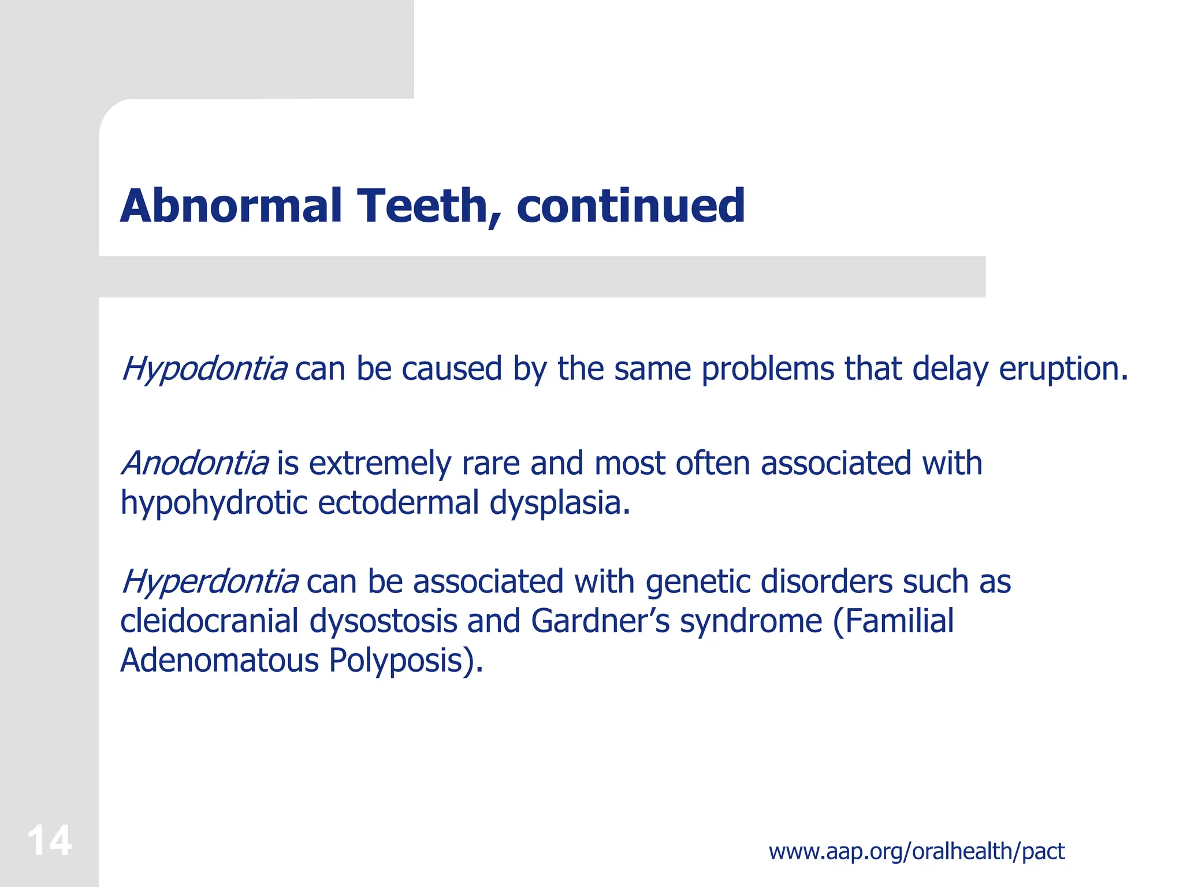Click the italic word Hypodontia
pyautogui.click(x=204, y=369)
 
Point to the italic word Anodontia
pyautogui.click(x=195, y=464)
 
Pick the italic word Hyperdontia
pyautogui.click(x=209, y=582)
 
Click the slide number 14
pyautogui.click(x=49, y=841)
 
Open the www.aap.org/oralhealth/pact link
pyautogui.click(x=916, y=851)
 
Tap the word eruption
pyautogui.click(x=1063, y=369)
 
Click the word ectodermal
pyautogui.click(x=399, y=503)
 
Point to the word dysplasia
pyautogui.click(x=559, y=503)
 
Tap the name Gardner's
pyautogui.click(x=600, y=621)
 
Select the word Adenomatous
pyautogui.click(x=219, y=661)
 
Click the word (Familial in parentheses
pyautogui.click(x=893, y=621)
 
